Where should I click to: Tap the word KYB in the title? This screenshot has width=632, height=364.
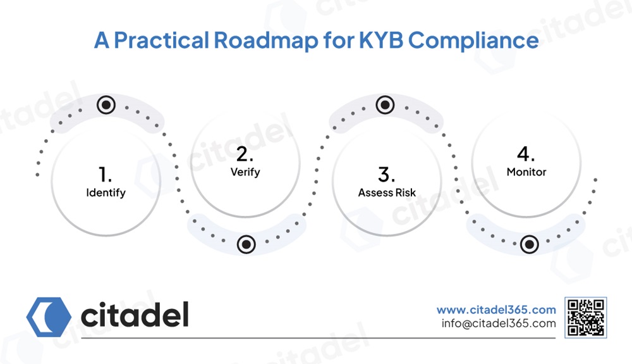(x=381, y=41)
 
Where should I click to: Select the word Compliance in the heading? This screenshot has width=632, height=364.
(x=473, y=41)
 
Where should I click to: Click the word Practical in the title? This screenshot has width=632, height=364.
(x=161, y=41)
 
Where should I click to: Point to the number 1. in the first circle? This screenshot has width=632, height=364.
(x=105, y=175)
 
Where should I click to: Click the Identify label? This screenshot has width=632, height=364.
(x=106, y=193)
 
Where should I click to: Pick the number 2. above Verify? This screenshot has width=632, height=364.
(x=245, y=154)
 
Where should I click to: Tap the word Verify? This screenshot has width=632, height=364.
(x=245, y=172)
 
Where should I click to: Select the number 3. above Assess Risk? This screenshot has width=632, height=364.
(x=387, y=175)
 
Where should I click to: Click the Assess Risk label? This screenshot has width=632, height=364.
(x=387, y=193)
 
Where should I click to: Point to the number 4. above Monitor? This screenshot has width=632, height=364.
(x=526, y=154)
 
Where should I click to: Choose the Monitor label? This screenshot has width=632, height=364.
(x=526, y=172)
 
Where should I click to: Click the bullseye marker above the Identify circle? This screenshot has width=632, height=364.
(x=106, y=105)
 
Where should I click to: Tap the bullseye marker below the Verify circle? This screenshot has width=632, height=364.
(x=246, y=244)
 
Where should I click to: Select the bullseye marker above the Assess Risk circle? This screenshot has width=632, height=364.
(x=386, y=105)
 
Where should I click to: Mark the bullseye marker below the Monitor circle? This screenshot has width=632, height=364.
(x=530, y=244)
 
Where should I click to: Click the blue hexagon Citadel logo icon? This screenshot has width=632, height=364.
(x=49, y=317)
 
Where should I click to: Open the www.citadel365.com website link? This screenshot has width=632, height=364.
(x=496, y=310)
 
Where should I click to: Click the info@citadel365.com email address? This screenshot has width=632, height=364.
(x=499, y=323)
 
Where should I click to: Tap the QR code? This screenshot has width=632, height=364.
(x=586, y=318)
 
